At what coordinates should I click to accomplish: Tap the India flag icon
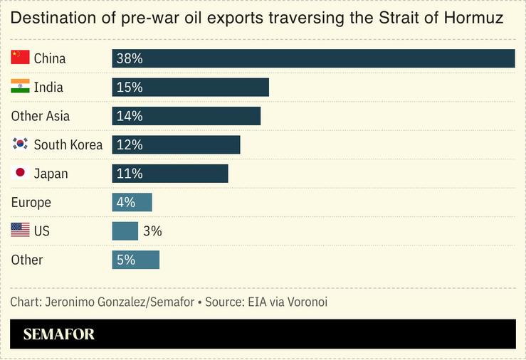(x=20, y=87)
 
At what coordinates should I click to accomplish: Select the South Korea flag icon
(x=20, y=144)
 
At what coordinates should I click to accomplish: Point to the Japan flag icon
(x=20, y=173)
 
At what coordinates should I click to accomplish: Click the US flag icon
(x=20, y=231)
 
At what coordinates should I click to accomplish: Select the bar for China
(x=313, y=58)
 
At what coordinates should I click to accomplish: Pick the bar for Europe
(x=132, y=202)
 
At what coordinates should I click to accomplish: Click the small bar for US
(x=125, y=231)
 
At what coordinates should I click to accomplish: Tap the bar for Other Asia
(x=186, y=116)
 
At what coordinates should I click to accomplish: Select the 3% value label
(x=152, y=231)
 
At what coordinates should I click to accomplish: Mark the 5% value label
(x=126, y=260)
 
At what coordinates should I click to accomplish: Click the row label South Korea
(x=68, y=144)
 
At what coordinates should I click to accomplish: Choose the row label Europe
(x=31, y=202)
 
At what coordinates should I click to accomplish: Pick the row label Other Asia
(x=41, y=116)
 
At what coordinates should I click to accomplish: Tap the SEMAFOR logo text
(x=59, y=334)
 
